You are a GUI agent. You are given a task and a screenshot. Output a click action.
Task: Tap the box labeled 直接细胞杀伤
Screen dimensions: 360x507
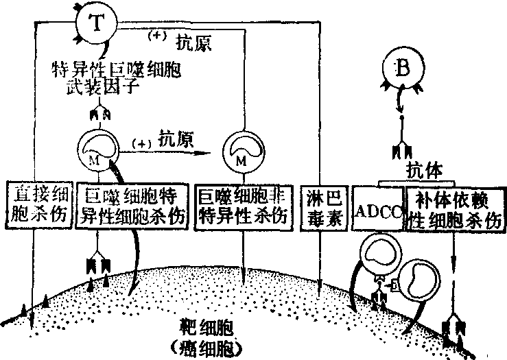[x=39, y=204]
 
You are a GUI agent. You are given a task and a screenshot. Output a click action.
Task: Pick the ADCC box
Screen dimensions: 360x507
[x=378, y=208]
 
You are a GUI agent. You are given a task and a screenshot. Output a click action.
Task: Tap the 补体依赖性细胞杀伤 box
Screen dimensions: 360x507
[x=453, y=208]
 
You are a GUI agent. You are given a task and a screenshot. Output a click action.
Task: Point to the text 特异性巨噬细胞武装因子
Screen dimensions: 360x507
[x=117, y=77]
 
